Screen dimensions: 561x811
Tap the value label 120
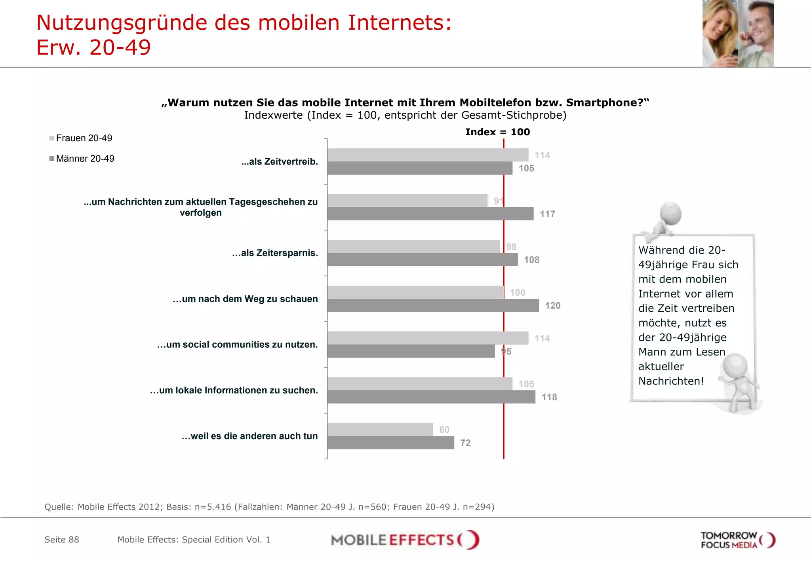552,305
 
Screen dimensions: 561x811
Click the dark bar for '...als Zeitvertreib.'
420,168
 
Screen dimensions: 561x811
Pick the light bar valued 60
380,429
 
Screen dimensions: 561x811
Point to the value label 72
465,443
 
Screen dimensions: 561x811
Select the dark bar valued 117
430,214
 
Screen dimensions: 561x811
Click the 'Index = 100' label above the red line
497,132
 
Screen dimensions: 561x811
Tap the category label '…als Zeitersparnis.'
275,253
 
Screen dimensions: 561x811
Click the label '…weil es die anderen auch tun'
249,436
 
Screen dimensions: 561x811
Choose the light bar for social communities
428,338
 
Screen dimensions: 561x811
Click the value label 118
549,397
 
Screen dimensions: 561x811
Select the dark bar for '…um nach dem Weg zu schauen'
433,305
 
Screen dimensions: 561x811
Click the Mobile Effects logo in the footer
405,540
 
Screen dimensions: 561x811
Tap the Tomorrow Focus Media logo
737,540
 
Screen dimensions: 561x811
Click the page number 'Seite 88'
62,540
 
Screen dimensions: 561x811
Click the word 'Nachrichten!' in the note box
671,381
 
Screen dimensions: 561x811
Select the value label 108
531,260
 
